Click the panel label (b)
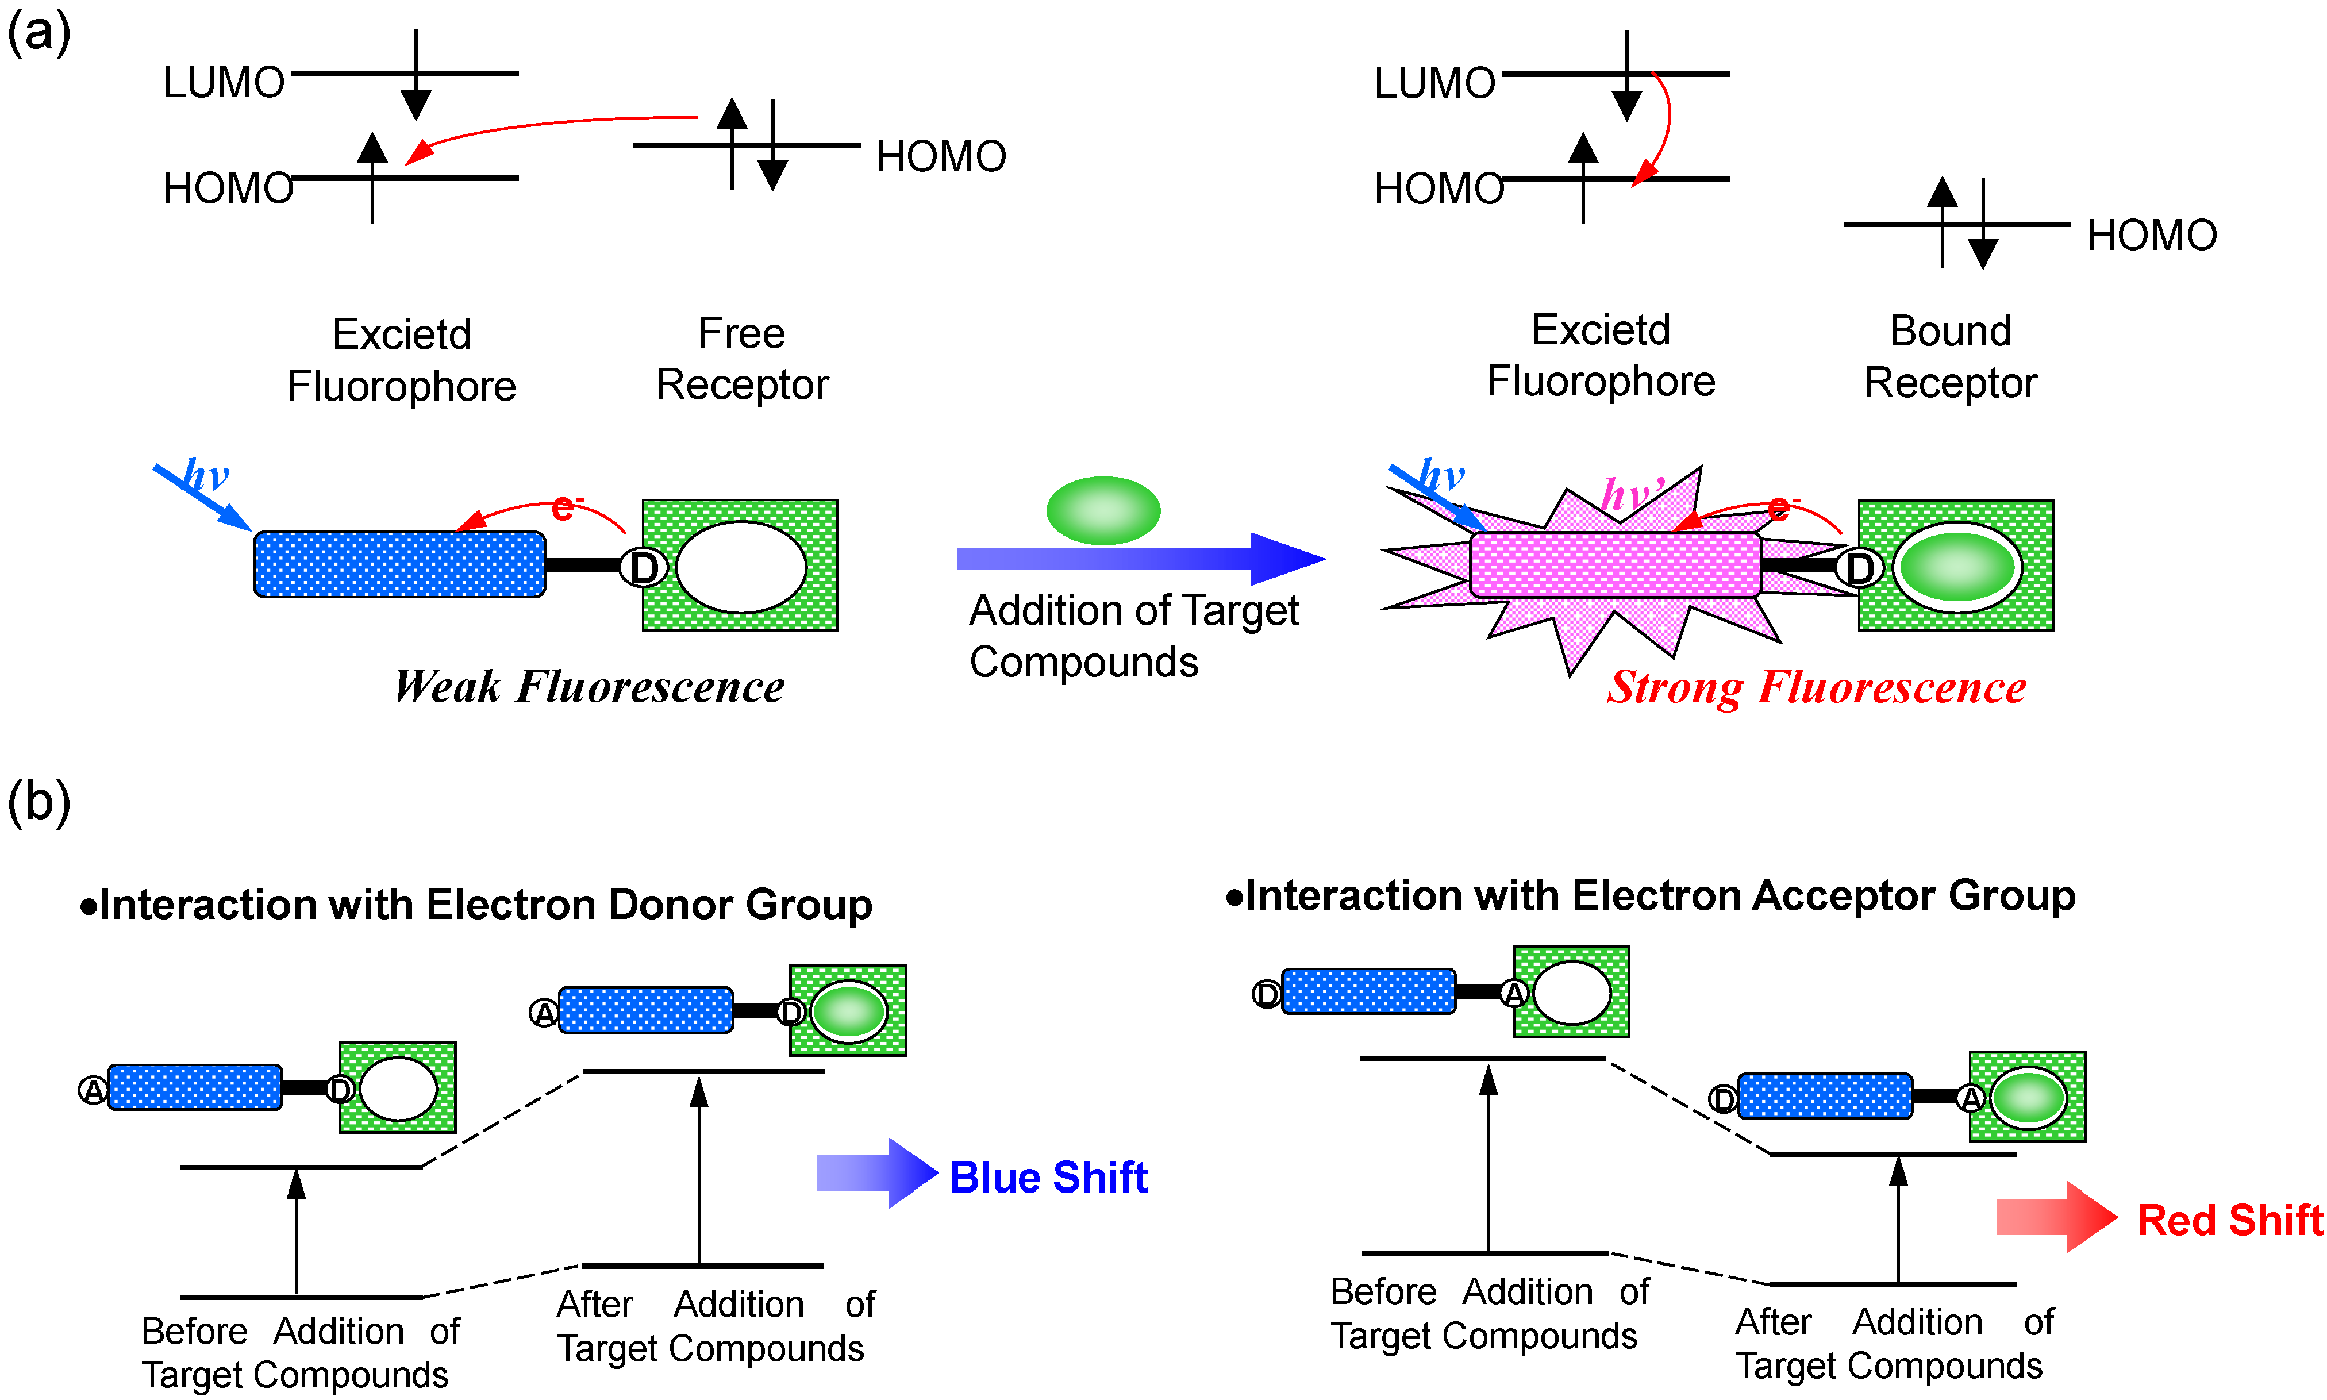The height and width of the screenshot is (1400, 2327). [38, 803]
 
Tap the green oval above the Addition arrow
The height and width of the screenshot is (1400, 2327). [1103, 510]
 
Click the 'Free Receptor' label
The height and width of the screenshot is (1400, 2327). [741, 359]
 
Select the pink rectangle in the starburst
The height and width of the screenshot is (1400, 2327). [1615, 565]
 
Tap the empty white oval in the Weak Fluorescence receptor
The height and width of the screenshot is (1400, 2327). [740, 567]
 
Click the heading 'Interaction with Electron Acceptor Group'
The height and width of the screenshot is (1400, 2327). [1651, 895]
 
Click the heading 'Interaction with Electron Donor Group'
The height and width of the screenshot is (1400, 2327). [476, 905]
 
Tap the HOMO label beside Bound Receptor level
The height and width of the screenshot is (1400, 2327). [2151, 235]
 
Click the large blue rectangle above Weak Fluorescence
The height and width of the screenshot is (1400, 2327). [399, 564]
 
